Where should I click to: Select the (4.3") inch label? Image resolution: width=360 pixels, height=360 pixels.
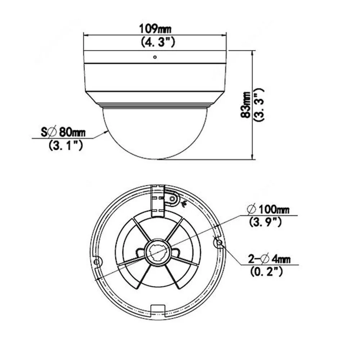pos(158,42)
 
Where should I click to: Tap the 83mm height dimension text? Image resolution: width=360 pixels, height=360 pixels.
pos(246,105)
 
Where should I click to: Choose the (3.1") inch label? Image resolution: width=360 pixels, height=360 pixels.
pos(66,145)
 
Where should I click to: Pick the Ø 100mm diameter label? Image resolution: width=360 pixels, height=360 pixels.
pos(268,209)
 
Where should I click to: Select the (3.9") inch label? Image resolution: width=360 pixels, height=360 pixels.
pos(265,222)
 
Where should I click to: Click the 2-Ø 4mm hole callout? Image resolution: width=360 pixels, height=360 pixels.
pos(269,259)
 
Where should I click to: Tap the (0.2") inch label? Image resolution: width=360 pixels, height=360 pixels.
pos(266,272)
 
